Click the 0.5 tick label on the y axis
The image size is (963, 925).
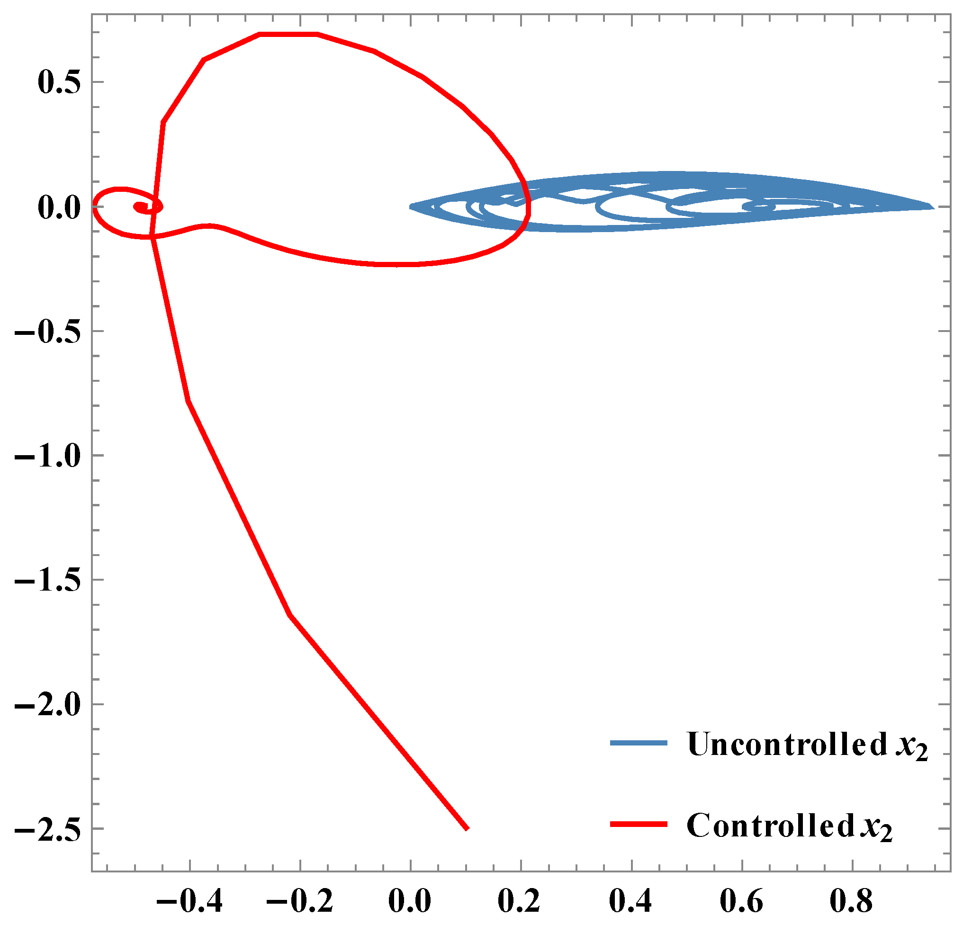pyautogui.click(x=58, y=82)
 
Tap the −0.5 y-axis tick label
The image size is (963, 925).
pyautogui.click(x=48, y=332)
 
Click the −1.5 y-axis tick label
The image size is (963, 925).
pyautogui.click(x=48, y=580)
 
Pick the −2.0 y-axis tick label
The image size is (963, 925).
pyautogui.click(x=48, y=705)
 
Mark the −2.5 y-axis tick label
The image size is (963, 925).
pyautogui.click(x=48, y=829)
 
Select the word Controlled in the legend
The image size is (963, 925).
pyautogui.click(x=770, y=825)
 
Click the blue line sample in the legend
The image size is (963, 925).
pyautogui.click(x=638, y=743)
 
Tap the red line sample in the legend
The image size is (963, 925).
pyautogui.click(x=638, y=824)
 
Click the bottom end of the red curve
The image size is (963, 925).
pyautogui.click(x=467, y=829)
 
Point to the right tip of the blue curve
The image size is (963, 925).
pyautogui.click(x=932, y=207)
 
